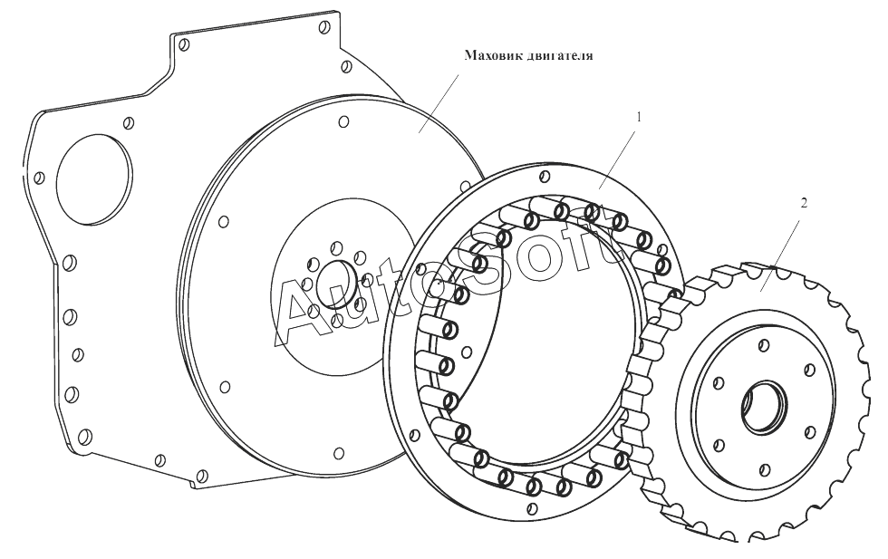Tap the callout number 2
coord(804,203)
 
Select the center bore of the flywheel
coord(336,284)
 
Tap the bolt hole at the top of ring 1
coord(545,178)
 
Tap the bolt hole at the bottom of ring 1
coord(532,506)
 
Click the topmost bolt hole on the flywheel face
coord(343,121)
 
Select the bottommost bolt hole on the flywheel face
coord(339,453)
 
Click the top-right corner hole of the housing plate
coord(324,26)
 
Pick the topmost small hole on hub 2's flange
coord(764,344)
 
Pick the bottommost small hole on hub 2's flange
coord(765,468)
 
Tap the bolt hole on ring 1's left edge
coord(415,435)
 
